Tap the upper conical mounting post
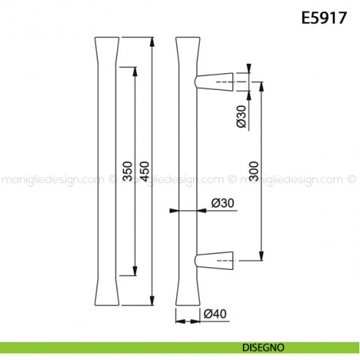point(214,81)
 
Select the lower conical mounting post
point(214,260)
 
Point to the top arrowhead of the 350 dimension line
point(135,70)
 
